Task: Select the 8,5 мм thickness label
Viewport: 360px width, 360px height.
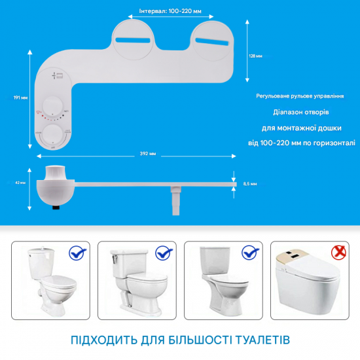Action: (x=249, y=185)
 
